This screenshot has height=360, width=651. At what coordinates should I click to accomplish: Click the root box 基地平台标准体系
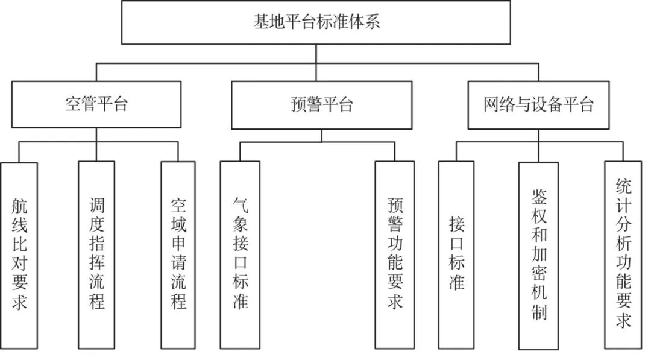[x=316, y=22]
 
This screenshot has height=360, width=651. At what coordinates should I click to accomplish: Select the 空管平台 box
[x=96, y=104]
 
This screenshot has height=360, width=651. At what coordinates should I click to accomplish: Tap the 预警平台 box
[x=322, y=105]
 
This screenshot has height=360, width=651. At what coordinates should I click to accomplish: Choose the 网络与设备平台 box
[x=538, y=105]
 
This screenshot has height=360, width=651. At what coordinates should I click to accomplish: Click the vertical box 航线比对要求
[x=19, y=255]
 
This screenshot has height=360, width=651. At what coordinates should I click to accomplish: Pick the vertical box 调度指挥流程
[x=96, y=255]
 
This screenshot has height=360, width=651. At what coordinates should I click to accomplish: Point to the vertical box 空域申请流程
[x=178, y=255]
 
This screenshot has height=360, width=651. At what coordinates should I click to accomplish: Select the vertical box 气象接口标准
[x=240, y=255]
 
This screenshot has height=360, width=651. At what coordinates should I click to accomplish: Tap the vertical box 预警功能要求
[x=395, y=255]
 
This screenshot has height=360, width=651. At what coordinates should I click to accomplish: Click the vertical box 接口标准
[x=456, y=255]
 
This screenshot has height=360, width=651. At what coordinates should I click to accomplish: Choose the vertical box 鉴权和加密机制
[x=538, y=256]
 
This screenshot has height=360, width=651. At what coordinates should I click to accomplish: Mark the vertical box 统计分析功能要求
[x=623, y=255]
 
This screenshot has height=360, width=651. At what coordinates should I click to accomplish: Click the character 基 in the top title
[x=262, y=22]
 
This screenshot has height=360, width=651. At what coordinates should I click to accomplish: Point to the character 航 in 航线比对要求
[x=19, y=206]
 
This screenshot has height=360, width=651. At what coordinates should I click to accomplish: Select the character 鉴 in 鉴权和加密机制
[x=539, y=197]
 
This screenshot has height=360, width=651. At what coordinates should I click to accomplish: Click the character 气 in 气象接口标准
[x=241, y=205]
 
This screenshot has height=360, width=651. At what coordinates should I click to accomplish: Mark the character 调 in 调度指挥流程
[x=96, y=206]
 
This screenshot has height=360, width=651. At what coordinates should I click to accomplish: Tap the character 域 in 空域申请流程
[x=178, y=225]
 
